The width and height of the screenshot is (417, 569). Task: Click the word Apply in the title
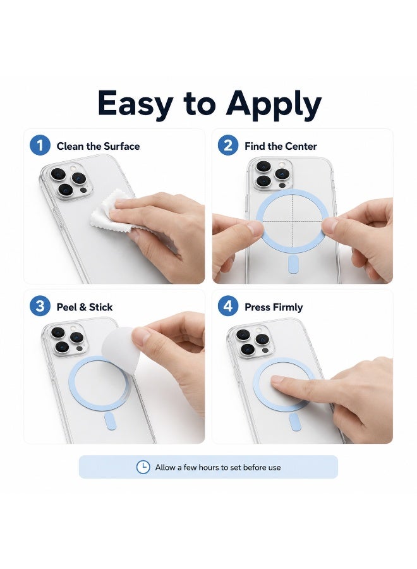pyautogui.click(x=274, y=105)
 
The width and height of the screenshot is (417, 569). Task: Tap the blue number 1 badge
pyautogui.click(x=40, y=145)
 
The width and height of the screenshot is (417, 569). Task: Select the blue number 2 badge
pyautogui.click(x=228, y=145)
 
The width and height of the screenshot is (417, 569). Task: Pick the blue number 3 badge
pyautogui.click(x=40, y=306)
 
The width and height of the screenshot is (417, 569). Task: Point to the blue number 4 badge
pyautogui.click(x=228, y=306)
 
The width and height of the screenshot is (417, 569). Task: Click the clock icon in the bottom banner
pyautogui.click(x=143, y=467)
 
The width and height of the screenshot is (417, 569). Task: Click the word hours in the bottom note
pyautogui.click(x=209, y=467)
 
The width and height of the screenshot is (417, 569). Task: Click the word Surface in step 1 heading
pyautogui.click(x=121, y=146)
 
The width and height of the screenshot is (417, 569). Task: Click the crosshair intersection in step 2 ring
pyautogui.click(x=293, y=221)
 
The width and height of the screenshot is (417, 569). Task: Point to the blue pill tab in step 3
pyautogui.click(x=109, y=421)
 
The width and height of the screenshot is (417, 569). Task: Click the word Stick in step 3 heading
pyautogui.click(x=101, y=307)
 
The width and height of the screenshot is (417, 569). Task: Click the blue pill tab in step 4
pyautogui.click(x=295, y=423)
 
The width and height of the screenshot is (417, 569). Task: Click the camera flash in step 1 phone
pyautogui.click(x=73, y=168)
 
